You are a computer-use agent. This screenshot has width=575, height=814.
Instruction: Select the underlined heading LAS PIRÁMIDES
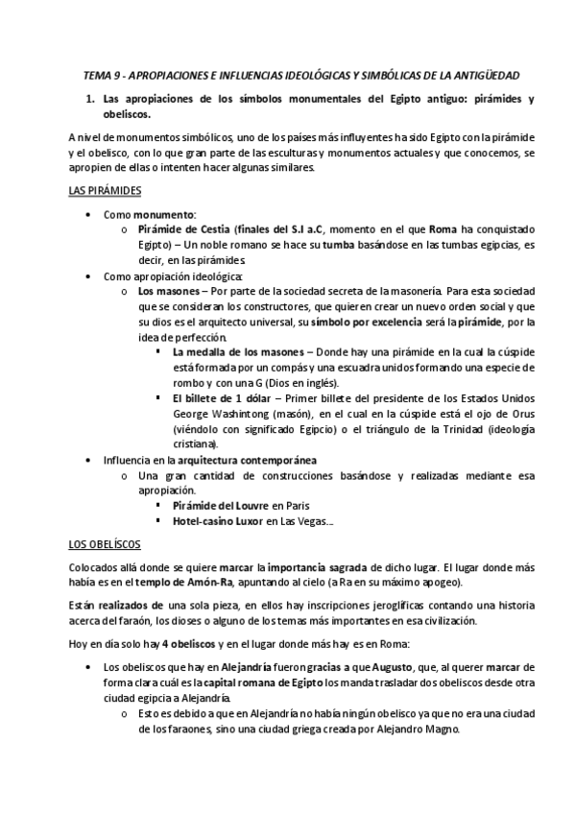(106, 191)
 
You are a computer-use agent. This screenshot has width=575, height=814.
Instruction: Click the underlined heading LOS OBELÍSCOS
(106, 542)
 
